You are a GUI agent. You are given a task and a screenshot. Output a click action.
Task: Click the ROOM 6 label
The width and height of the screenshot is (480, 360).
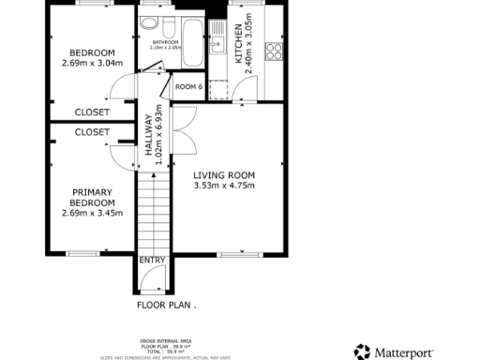[189, 87]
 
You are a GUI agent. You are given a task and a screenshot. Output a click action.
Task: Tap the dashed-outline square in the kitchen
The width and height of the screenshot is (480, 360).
[219, 88]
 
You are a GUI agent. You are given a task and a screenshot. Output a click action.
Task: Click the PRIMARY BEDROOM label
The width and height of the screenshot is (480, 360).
[92, 197]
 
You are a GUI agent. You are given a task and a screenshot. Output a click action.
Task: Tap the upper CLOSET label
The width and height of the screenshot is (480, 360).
[92, 112]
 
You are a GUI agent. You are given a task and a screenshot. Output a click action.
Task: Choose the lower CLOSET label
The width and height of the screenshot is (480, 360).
[92, 132]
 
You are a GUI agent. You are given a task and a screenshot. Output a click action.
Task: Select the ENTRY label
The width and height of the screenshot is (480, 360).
[152, 261]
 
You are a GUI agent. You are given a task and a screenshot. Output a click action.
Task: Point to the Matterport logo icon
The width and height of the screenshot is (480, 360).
[362, 352]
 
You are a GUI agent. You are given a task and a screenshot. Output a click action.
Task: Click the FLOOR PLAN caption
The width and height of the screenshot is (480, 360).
[166, 305]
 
